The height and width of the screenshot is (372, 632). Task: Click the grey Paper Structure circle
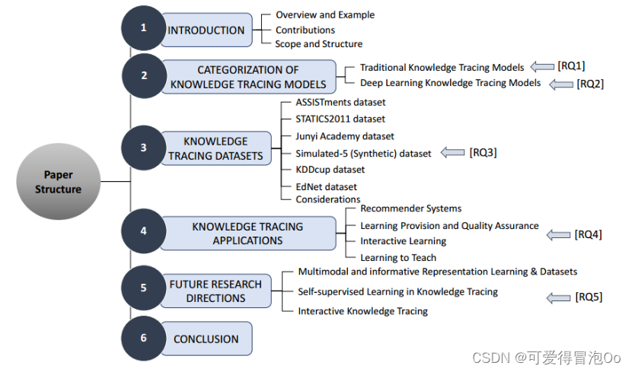58,182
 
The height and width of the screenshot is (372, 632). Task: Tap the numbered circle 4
143,233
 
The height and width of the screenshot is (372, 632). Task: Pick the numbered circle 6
143,339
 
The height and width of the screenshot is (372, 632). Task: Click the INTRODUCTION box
206,30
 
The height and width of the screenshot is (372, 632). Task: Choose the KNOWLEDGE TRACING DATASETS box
215,148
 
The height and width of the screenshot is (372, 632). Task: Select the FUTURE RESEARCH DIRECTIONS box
215,291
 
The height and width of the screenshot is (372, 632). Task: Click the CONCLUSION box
206,339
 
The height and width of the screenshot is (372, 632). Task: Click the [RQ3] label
483,153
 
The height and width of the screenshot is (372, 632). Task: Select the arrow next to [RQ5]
558,297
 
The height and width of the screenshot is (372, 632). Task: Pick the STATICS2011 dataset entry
329,119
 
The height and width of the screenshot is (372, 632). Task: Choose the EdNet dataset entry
315,186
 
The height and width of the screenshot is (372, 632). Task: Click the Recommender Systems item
410,208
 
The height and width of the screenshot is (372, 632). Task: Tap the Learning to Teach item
398,258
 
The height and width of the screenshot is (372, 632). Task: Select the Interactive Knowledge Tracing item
362,311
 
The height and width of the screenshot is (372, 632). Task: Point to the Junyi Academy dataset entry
334,136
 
